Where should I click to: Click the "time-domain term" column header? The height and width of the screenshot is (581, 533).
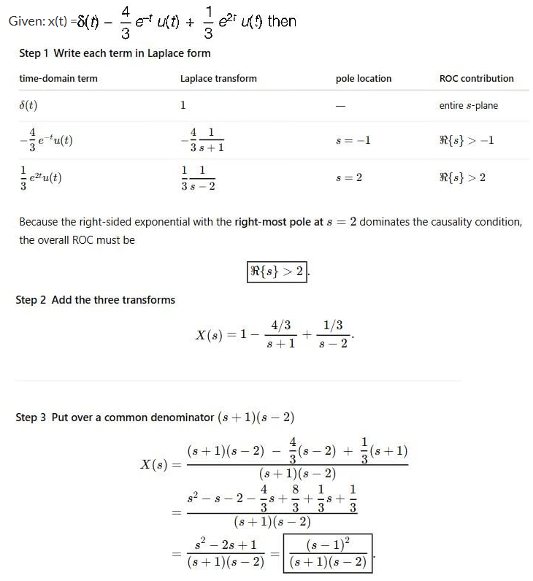click(58, 78)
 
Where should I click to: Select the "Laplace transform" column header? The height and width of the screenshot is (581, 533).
click(218, 78)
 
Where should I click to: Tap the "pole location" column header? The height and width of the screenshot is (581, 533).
click(363, 78)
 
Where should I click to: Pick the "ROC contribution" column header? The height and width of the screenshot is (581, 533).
click(476, 78)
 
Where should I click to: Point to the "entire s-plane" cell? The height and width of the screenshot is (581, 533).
click(468, 105)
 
